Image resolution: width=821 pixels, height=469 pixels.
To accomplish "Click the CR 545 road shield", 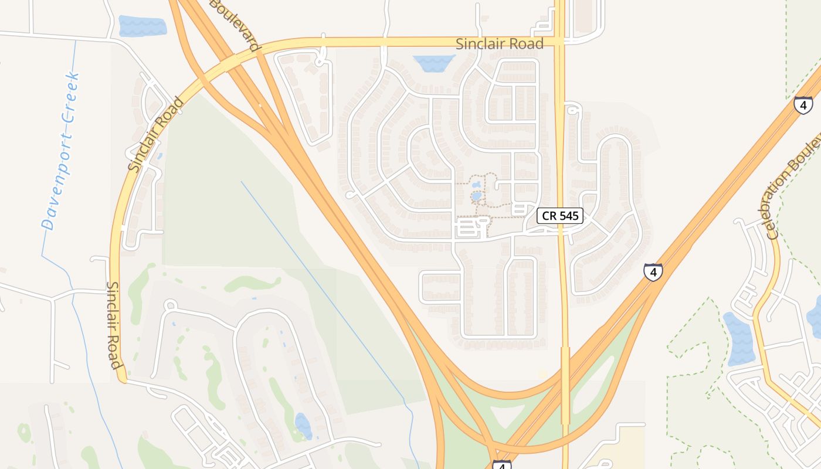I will coord(560,216).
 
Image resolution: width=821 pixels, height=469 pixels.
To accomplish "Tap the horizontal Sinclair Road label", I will coord(500,43).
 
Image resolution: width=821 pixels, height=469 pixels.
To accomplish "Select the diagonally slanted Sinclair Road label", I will coord(156,135).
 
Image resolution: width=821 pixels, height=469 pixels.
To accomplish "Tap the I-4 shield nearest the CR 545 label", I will coord(653,272).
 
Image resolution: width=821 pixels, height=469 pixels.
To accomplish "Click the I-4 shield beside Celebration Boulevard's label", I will coord(803,106).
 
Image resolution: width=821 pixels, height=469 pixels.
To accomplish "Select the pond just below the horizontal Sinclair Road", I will coord(433,63).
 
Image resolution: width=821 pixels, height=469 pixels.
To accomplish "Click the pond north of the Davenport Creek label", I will coord(143,26).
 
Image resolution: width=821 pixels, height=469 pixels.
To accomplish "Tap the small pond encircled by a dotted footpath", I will coord(476,196).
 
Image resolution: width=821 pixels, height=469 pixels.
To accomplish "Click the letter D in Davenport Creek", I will coord(48,223).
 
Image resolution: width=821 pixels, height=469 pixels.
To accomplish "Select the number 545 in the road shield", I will coord(569,216).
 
